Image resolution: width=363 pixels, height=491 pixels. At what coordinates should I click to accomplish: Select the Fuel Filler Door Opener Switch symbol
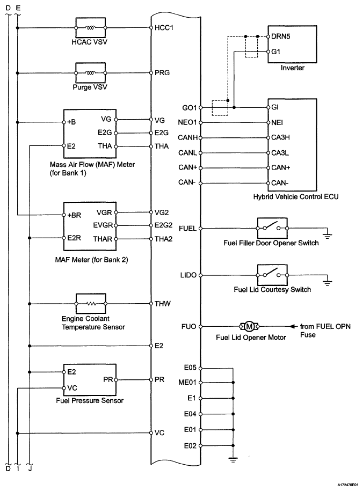272,228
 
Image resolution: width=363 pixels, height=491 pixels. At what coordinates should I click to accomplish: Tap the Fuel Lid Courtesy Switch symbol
272,275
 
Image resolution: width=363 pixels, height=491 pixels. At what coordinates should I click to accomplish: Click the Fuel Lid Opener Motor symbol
249,326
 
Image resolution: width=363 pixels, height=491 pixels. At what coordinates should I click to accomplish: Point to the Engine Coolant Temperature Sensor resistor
94,303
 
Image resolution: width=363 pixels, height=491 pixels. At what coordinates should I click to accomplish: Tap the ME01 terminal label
190,383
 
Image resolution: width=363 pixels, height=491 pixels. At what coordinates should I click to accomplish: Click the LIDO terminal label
190,275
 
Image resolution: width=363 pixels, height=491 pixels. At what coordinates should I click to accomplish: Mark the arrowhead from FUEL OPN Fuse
293,326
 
